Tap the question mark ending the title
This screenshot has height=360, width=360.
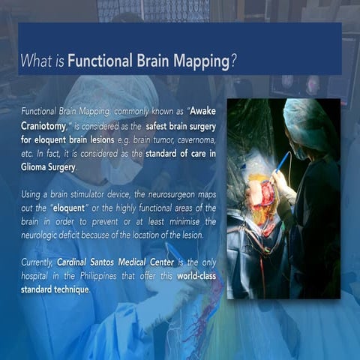tap(234, 61)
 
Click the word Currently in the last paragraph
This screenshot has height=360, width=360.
tap(37, 262)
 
